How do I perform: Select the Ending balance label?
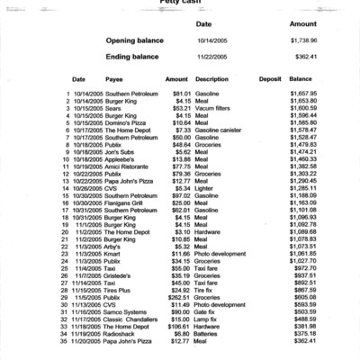[133, 57]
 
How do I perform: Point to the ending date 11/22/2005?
[215, 57]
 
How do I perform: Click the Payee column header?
[114, 79]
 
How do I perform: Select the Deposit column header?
[270, 79]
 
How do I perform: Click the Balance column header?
[301, 79]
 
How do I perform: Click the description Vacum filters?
[213, 109]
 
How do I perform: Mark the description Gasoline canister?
[220, 130]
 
